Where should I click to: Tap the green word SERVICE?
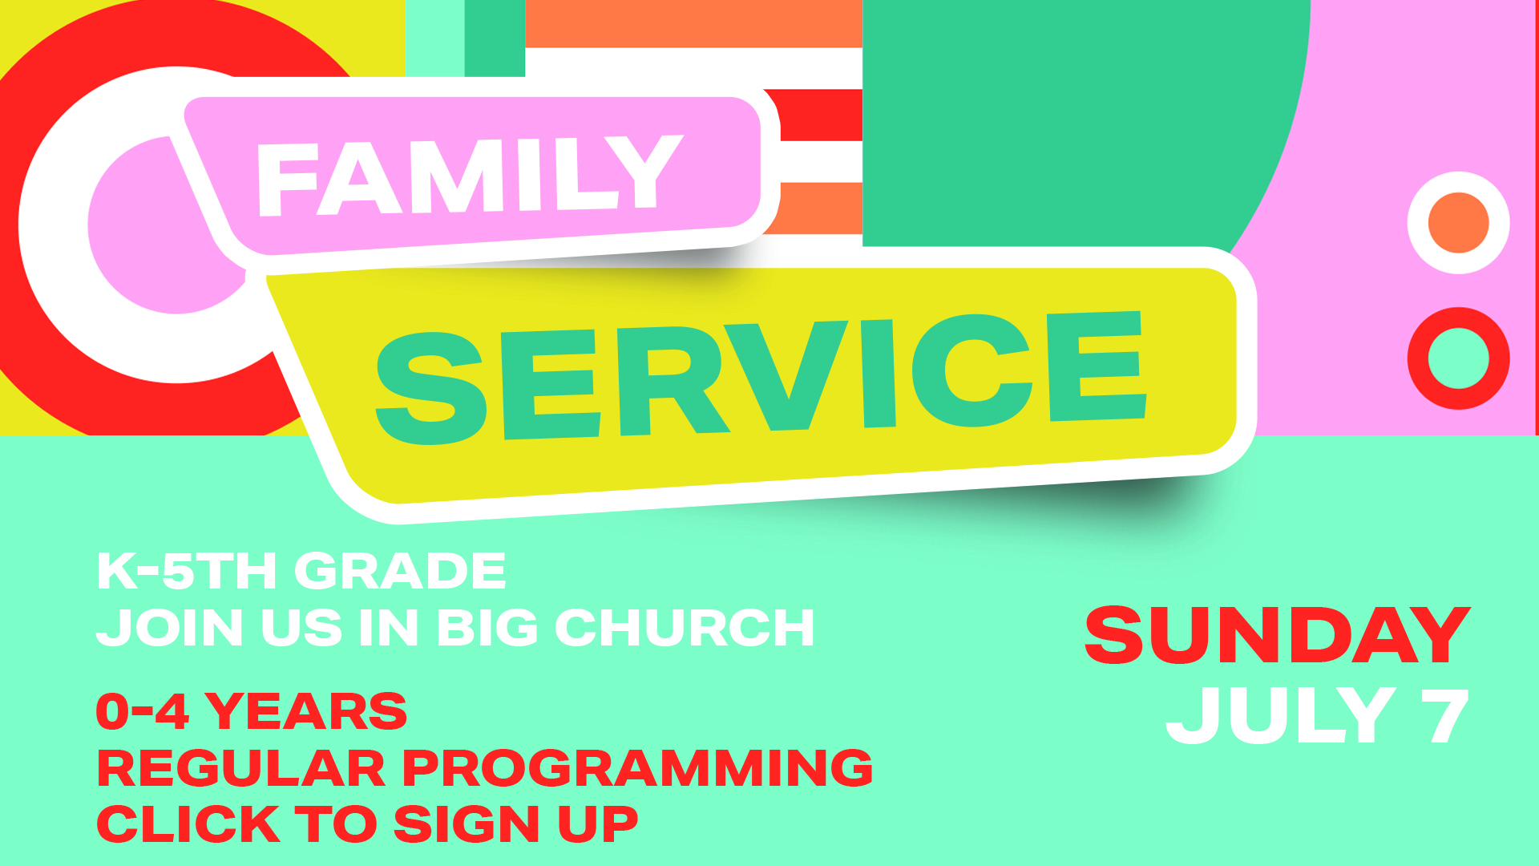[x=760, y=377]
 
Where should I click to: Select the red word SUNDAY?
[x=1277, y=635]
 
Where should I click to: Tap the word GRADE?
[x=400, y=571]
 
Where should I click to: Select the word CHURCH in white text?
[x=685, y=627]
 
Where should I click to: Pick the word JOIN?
[x=170, y=627]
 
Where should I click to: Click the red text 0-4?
[x=142, y=711]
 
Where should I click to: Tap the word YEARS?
[x=306, y=711]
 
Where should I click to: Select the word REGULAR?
[x=240, y=767]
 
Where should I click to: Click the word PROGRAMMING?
[x=637, y=767]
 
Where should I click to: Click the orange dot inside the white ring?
[x=1459, y=223]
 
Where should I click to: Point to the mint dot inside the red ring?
[x=1459, y=358]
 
